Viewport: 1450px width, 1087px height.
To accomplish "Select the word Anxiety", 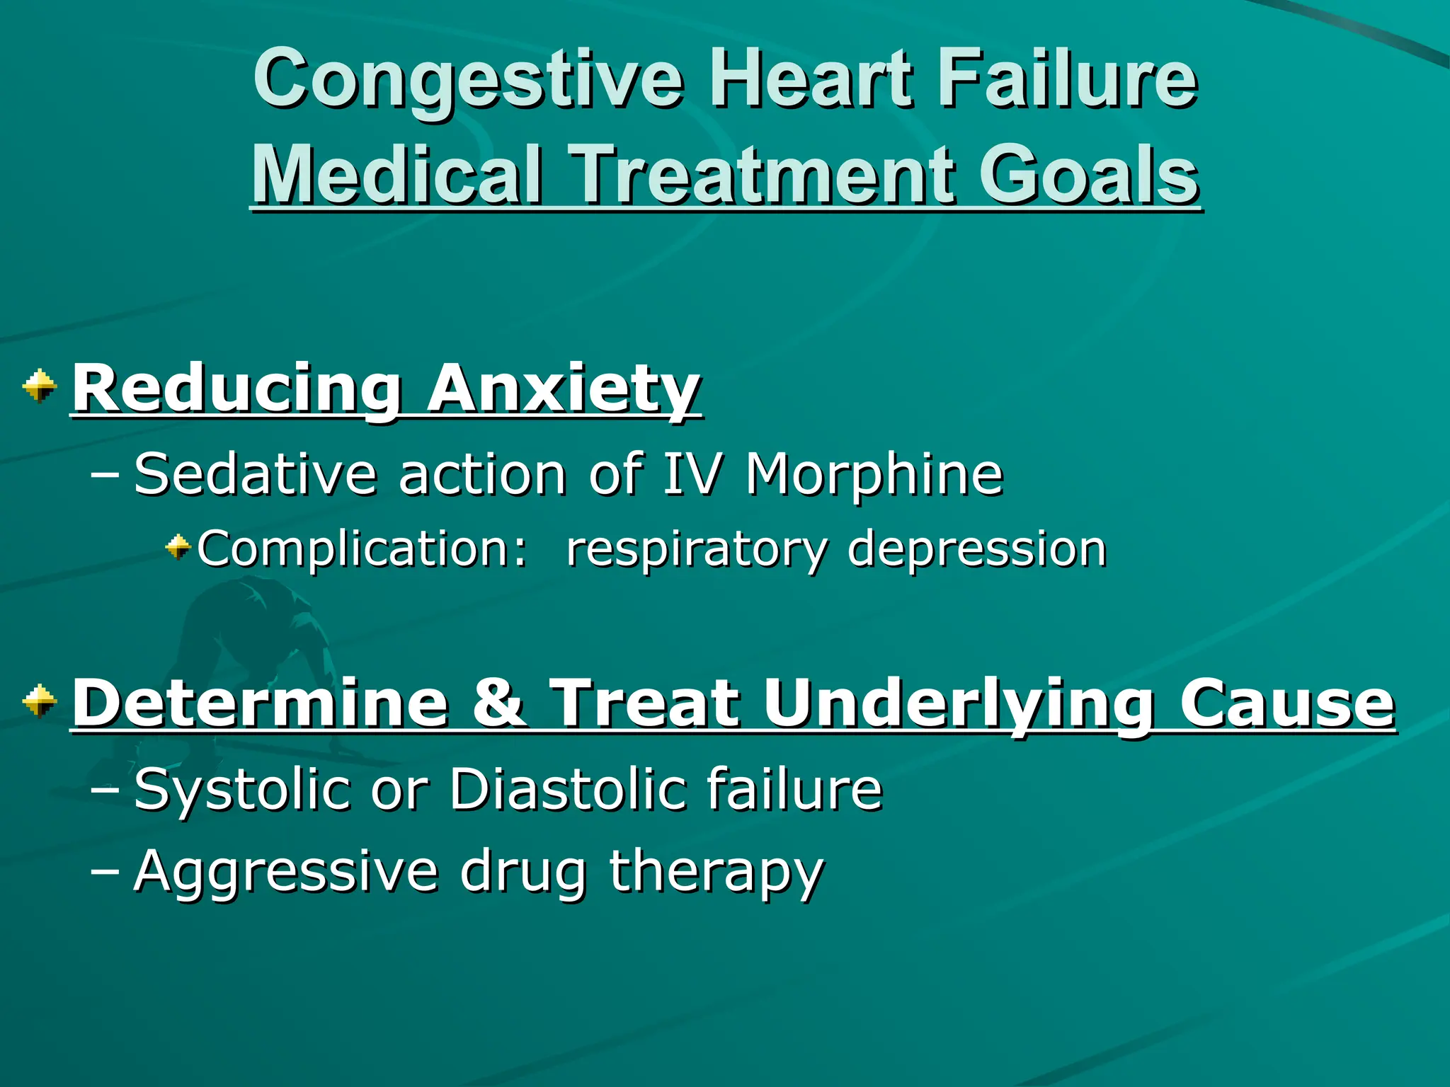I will point(564,389).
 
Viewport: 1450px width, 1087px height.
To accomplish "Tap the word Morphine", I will point(874,474).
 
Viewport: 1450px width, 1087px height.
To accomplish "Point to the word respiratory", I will point(697,551).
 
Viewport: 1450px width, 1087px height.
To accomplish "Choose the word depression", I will point(977,549).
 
